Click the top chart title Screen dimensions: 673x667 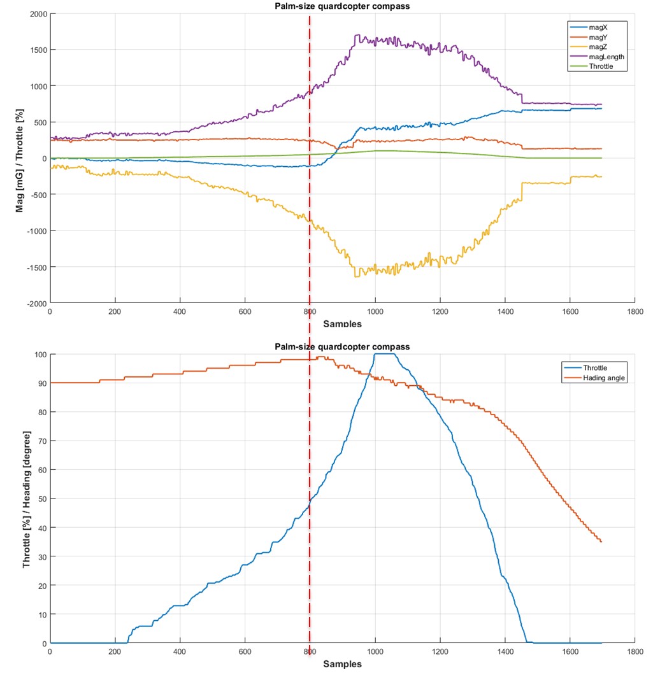(x=342, y=7)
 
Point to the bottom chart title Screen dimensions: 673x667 (x=342, y=346)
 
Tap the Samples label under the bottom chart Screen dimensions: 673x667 (x=342, y=664)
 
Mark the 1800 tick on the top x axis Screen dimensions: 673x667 (x=635, y=313)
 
